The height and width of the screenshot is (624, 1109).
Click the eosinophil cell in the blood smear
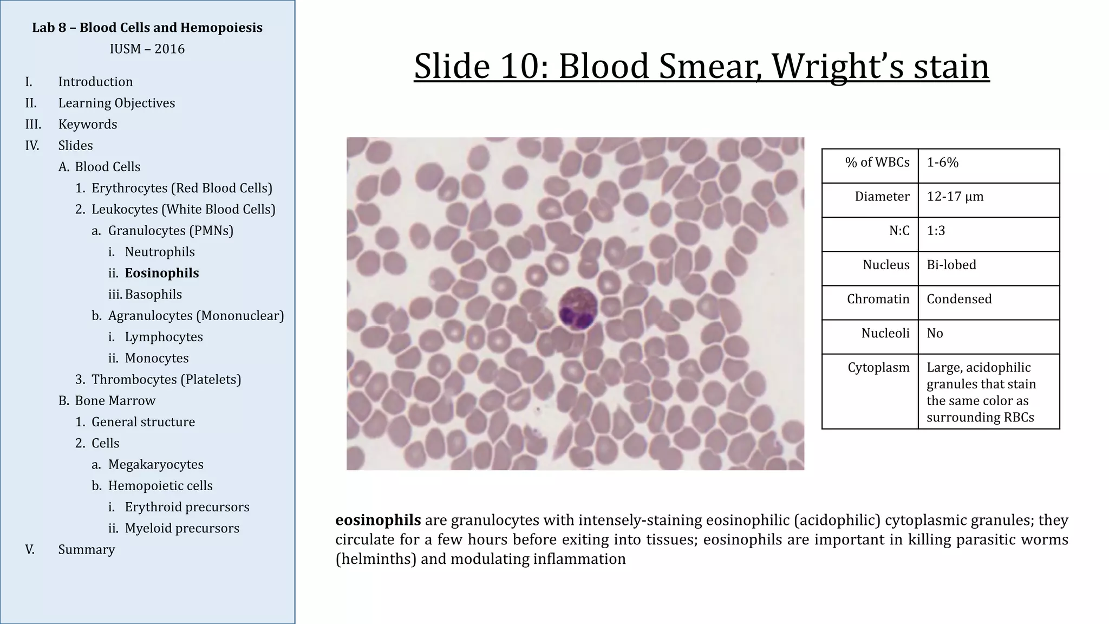[x=577, y=308]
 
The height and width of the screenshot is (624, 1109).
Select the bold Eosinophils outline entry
[x=161, y=273]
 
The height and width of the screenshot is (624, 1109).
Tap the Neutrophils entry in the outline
[x=160, y=252]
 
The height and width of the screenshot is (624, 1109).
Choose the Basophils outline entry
[x=153, y=294]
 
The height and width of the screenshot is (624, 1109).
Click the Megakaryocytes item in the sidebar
[x=155, y=464]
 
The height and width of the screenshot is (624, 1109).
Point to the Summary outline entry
[x=87, y=549]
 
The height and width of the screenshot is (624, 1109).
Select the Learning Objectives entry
[x=116, y=103]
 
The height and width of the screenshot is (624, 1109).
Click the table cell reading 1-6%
[x=942, y=162]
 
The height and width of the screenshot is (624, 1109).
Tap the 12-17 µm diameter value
[x=955, y=197]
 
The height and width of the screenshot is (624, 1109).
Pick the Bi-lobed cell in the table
[x=951, y=265]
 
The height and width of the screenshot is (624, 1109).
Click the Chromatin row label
[x=878, y=299]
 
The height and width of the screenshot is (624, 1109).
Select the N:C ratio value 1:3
[x=936, y=231]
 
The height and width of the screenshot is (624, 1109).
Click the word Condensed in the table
[x=958, y=299]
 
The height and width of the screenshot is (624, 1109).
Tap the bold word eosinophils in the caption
[x=378, y=520]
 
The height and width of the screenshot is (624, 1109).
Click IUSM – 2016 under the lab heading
[x=147, y=49]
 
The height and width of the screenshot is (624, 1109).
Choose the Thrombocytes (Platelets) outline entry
[x=166, y=379]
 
